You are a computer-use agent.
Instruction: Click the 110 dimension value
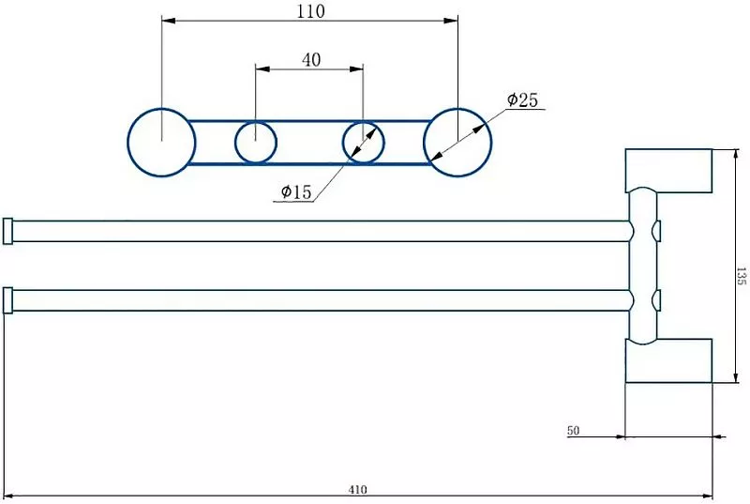[x=310, y=11]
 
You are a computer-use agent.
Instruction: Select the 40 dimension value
[x=311, y=59]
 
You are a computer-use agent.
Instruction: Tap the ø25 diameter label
[x=522, y=100]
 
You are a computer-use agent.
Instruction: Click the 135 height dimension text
[x=741, y=276]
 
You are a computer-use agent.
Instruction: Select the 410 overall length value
[x=357, y=489]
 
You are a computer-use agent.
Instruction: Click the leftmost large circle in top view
[x=161, y=143]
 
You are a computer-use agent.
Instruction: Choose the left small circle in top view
[x=255, y=143]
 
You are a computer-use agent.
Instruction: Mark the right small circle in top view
[x=363, y=143]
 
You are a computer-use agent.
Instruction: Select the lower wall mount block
[x=669, y=360]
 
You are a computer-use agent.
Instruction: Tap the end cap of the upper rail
[x=7, y=231]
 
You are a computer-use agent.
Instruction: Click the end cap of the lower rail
[x=7, y=300]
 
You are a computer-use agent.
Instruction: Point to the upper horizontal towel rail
[x=319, y=231]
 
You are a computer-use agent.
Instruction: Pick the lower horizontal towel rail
[x=319, y=300]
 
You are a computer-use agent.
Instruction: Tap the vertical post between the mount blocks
[x=643, y=266]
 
